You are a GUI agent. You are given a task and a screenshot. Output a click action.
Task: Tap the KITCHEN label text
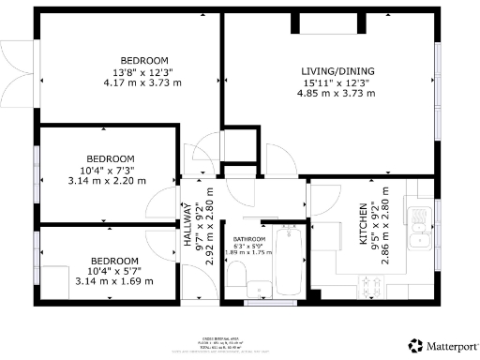click(365, 224)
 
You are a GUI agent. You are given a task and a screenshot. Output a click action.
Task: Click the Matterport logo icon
click(413, 345)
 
